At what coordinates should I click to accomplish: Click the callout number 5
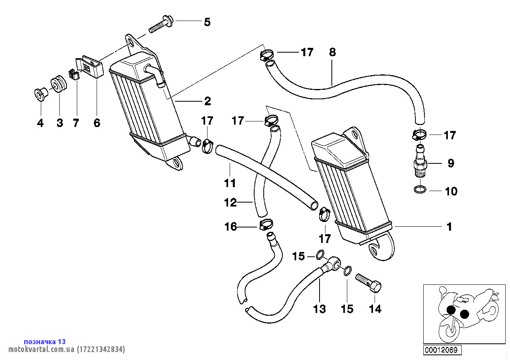click(207, 22)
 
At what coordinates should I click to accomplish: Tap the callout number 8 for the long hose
click(332, 52)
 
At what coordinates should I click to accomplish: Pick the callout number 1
click(449, 227)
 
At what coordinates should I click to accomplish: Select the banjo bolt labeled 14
click(369, 282)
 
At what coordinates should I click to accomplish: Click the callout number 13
click(320, 309)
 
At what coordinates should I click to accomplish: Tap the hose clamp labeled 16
click(266, 225)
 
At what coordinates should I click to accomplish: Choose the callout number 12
click(230, 203)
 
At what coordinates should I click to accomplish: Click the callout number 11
click(230, 183)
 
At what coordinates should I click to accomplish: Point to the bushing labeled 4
click(40, 95)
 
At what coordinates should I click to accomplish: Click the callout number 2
click(207, 101)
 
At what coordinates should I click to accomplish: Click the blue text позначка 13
click(45, 341)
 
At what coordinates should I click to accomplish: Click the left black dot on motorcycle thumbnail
click(450, 311)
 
